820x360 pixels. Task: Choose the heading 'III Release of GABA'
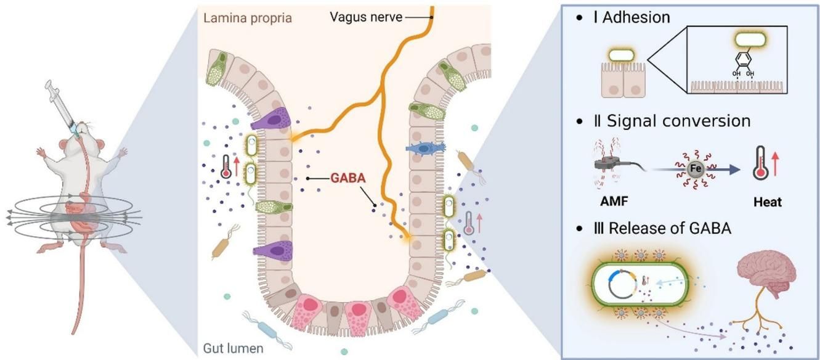[x=662, y=228]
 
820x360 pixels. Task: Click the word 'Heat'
[x=766, y=202]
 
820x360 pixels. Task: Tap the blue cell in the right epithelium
[x=426, y=149]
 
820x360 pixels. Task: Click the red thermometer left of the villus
[x=226, y=167]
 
